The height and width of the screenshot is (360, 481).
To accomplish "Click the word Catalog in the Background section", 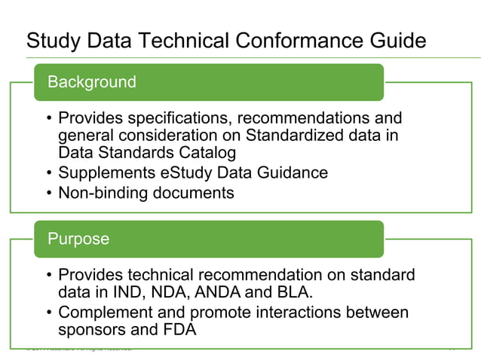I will [x=204, y=153].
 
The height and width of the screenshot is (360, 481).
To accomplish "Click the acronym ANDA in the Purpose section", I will [x=218, y=293].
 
